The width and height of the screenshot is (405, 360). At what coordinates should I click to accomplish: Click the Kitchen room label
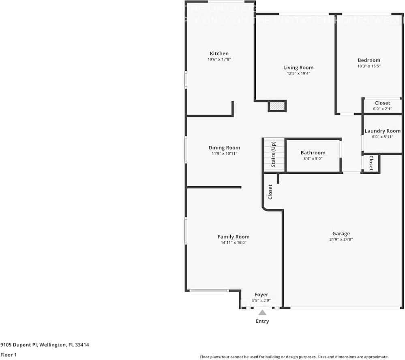click(219, 53)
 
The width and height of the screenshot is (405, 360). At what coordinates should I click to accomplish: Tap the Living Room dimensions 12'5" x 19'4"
click(298, 74)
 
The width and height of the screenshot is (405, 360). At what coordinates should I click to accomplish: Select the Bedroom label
click(369, 60)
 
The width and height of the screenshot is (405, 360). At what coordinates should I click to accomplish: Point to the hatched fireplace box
click(277, 106)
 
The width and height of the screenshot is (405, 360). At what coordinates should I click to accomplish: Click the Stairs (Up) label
click(274, 155)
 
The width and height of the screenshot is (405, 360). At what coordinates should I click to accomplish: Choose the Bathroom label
click(313, 153)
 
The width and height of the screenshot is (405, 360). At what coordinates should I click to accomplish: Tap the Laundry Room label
click(382, 131)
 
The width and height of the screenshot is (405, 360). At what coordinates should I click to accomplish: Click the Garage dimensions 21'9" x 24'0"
click(341, 239)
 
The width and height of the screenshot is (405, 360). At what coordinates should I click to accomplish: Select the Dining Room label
click(224, 148)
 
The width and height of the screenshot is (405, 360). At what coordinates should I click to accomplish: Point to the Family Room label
click(234, 237)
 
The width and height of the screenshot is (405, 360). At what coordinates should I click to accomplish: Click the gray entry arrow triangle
click(262, 313)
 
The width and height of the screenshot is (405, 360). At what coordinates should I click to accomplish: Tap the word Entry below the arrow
click(262, 321)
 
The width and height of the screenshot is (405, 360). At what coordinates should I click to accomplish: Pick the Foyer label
click(261, 295)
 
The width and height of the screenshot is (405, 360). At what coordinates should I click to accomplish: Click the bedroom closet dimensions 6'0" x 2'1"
click(382, 109)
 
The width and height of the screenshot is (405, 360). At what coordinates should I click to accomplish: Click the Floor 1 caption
click(9, 354)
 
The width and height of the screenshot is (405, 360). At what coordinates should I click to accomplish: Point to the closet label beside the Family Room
click(270, 192)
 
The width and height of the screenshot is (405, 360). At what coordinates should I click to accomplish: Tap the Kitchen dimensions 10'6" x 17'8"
click(219, 60)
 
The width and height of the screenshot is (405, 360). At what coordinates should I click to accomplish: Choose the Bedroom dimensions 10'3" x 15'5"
click(369, 66)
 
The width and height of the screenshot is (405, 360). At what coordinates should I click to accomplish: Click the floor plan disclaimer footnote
click(294, 357)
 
